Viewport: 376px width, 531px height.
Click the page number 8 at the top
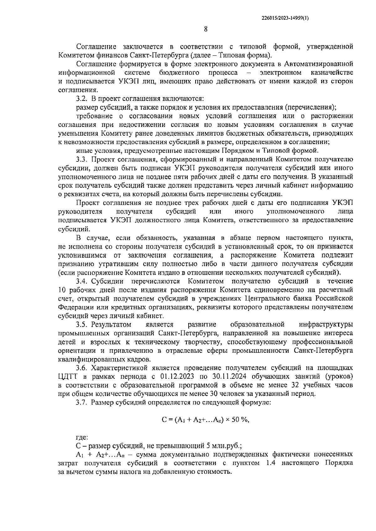tap(206, 29)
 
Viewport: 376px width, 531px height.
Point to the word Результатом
tap(111, 324)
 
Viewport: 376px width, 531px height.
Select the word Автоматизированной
tap(319, 64)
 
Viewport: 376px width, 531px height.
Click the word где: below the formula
tap(82, 437)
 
